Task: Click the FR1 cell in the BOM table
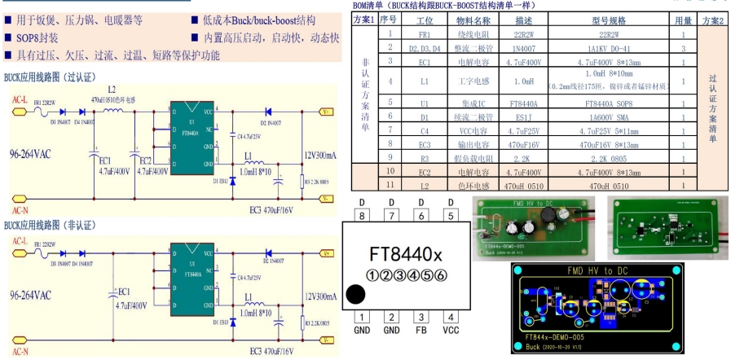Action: (424, 35)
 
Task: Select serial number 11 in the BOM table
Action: (391, 186)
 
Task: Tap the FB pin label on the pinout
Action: (421, 331)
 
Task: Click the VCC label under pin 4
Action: (450, 331)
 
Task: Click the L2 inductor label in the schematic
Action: (112, 89)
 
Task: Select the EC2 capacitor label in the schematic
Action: (145, 160)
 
